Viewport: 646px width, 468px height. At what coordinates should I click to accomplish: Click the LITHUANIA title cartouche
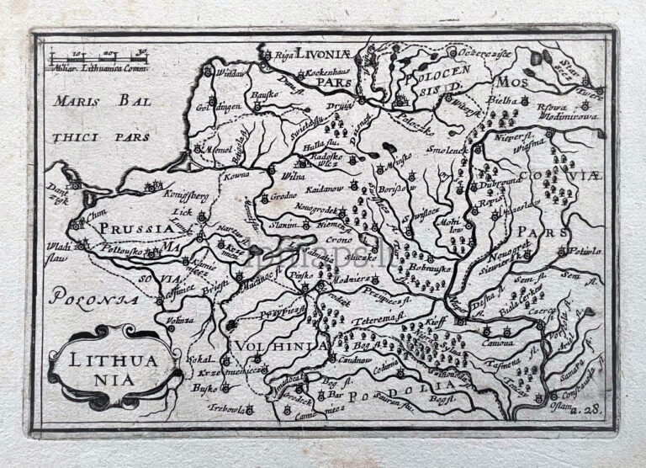point(112,364)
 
